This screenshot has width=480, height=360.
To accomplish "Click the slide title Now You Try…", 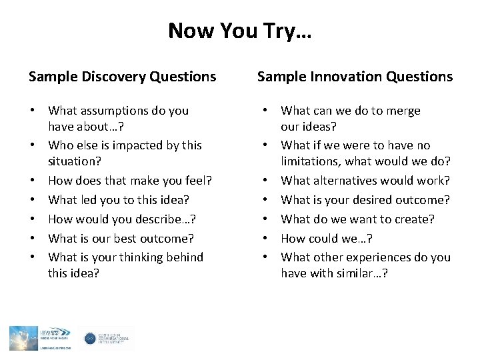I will tap(239, 30).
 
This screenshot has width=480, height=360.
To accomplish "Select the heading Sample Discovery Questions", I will tap(122, 77).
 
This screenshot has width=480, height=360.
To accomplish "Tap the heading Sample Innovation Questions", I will tap(355, 77).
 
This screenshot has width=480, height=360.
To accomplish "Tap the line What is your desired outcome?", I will tap(365, 199).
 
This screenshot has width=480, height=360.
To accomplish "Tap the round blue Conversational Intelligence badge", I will tap(90, 339).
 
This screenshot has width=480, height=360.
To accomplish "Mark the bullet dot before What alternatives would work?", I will tap(266, 181).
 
